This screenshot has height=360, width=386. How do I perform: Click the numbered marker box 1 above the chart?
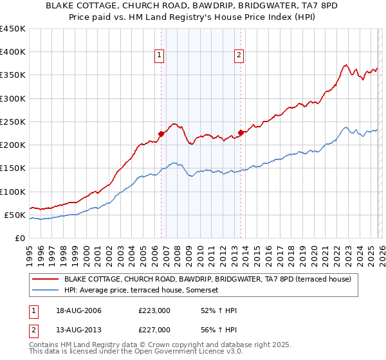pyautogui.click(x=160, y=56)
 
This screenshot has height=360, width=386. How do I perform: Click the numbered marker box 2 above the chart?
pyautogui.click(x=239, y=56)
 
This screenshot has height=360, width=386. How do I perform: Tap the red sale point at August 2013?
pyautogui.click(x=240, y=132)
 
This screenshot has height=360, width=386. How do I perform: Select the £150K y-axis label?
pyautogui.click(x=13, y=168)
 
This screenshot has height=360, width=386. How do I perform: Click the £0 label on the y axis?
pyautogui.click(x=19, y=238)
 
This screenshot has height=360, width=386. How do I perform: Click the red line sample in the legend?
pyautogui.click(x=45, y=280)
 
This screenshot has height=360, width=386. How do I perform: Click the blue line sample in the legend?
pyautogui.click(x=45, y=291)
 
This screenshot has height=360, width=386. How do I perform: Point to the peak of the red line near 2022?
pyautogui.click(x=345, y=64)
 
